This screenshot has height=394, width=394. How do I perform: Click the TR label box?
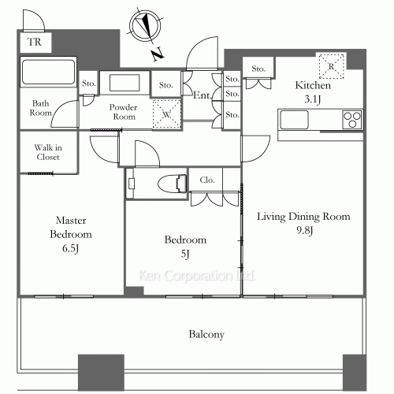coord(35,43)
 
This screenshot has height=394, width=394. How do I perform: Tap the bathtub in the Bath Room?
coord(48,72)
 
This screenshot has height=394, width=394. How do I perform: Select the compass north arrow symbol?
coord(145,26)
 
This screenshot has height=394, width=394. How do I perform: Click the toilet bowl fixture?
coord(173,183)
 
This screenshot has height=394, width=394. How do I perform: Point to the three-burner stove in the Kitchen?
coord(352,120)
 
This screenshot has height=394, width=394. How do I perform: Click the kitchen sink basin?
coord(295,120)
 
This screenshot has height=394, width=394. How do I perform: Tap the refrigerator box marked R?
coord(332,66)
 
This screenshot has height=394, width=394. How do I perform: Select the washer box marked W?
coord(167,114)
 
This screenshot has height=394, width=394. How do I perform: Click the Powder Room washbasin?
coord(125,83)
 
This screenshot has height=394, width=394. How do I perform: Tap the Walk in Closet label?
coord(48,152)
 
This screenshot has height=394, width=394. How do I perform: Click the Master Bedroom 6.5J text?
coord(71,234)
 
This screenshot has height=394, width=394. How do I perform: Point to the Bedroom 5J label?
coord(185,247)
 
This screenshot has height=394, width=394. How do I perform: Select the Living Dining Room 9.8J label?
coord(303,223)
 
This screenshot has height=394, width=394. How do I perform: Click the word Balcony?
coord(206,334)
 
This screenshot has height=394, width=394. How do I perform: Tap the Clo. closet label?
coord(207,180)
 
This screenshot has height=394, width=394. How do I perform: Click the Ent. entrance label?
coord(203,95)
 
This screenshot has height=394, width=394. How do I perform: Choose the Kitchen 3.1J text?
coord(313,92)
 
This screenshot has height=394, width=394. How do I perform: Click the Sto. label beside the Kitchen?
coord(258,69)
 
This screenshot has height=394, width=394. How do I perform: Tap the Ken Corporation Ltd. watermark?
coord(197,276)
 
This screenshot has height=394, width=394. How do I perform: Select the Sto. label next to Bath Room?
coord(89,84)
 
